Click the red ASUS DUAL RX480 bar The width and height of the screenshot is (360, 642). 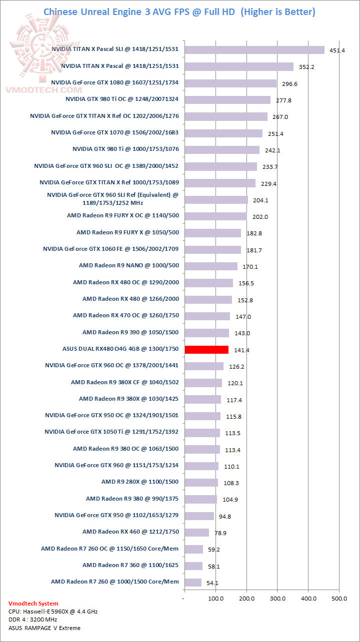click(x=206, y=350)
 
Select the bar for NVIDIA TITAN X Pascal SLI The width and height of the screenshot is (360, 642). click(x=254, y=49)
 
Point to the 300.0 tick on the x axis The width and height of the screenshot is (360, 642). click(x=277, y=598)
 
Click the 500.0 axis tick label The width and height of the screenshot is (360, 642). click(x=339, y=598)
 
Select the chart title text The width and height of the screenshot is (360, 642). click(x=179, y=11)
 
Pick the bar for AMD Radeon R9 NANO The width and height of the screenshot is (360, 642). click(x=211, y=266)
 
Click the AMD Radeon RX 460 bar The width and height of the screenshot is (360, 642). click(x=196, y=533)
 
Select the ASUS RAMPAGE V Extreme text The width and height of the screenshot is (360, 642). click(x=44, y=628)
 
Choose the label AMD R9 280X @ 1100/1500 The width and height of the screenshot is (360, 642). click(x=140, y=482)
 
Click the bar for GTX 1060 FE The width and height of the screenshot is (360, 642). click(x=212, y=249)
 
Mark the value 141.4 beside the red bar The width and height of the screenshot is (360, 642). click(x=241, y=350)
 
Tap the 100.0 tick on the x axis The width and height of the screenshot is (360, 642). click(x=215, y=598)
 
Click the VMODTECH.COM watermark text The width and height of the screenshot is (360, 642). click(x=43, y=90)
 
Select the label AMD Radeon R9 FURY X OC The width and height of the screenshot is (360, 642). click(x=123, y=215)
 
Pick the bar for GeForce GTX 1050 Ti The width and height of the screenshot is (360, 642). click(x=202, y=433)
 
